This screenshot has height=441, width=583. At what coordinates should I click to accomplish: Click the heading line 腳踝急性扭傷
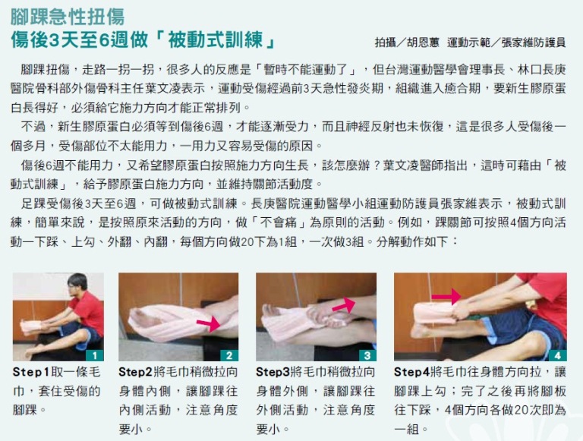68,17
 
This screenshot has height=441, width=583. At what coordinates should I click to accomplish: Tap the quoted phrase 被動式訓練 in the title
216,39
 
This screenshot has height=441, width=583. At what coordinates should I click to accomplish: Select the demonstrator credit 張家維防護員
533,43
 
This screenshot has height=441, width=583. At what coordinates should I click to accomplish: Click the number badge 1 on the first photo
95,355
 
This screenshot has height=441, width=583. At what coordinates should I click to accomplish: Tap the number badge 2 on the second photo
229,355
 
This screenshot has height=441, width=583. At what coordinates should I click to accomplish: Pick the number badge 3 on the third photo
367,355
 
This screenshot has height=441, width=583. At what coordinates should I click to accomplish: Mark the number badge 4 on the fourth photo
558,355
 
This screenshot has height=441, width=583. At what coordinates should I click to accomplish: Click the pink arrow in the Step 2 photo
209,323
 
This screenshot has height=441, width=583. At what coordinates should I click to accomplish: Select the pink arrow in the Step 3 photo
344,304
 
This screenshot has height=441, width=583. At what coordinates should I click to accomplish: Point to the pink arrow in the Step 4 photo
446,296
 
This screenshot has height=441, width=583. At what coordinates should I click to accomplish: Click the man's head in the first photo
78,284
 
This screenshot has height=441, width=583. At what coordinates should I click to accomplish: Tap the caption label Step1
31,371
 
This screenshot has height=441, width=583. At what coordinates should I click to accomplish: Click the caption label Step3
273,371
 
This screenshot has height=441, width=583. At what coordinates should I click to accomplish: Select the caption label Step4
411,371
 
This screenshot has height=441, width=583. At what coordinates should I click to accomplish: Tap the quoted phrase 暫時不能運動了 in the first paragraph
305,69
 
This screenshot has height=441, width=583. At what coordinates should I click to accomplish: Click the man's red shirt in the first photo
88,312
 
